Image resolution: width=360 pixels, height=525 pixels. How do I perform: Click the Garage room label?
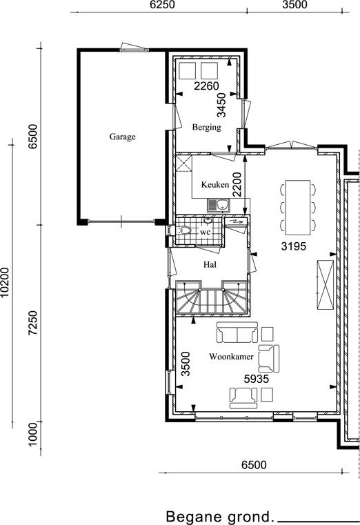click(123, 137)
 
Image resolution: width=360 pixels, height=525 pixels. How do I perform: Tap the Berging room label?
click(206, 127)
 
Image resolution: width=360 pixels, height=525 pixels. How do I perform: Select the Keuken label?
click(215, 184)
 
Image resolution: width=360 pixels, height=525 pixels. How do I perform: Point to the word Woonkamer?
click(231, 357)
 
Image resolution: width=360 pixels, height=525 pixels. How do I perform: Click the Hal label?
click(210, 264)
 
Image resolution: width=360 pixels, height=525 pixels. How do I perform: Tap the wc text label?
click(205, 232)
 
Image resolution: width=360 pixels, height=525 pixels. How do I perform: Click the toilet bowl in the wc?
click(183, 230)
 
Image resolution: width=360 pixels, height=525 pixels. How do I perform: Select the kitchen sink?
click(219, 206)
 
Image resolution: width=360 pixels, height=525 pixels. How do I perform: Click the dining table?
click(298, 207)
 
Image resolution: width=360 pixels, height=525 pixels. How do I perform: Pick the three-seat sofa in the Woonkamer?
click(237, 332)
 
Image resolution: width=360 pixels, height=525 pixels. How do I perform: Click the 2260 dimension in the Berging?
click(206, 86)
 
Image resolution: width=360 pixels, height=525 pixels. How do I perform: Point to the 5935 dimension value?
click(257, 379)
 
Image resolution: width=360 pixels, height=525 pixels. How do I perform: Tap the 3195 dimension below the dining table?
click(293, 246)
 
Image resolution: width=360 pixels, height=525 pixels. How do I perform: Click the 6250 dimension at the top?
click(162, 5)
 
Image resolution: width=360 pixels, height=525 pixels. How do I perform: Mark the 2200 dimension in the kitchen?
click(237, 184)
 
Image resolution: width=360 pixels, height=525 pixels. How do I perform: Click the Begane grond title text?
click(219, 517)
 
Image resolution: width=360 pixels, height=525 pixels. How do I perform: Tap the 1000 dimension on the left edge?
click(33, 434)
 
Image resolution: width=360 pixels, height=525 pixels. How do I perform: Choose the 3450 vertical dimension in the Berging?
click(221, 105)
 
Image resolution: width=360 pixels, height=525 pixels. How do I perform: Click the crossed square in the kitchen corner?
click(183, 164)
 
